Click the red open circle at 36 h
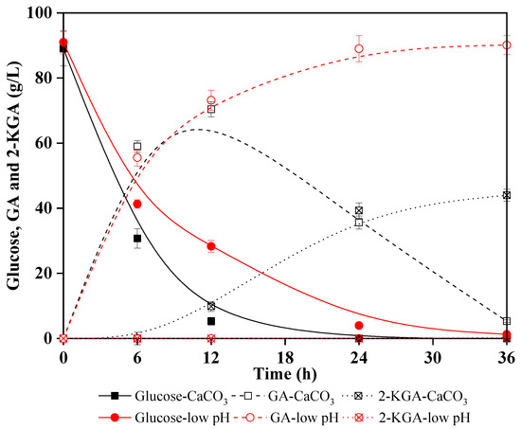pyautogui.click(x=507, y=45)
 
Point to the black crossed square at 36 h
pyautogui.click(x=507, y=195)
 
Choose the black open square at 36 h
pyautogui.click(x=507, y=321)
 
